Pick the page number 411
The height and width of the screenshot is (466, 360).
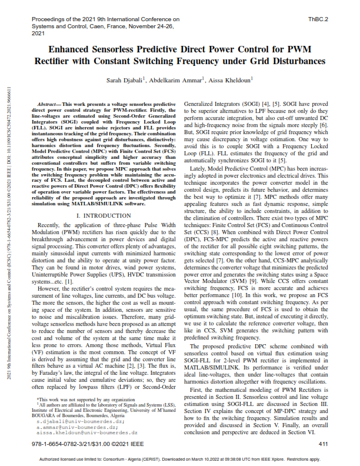click(x=322, y=443)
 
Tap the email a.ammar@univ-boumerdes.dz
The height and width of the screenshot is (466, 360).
click(x=70, y=427)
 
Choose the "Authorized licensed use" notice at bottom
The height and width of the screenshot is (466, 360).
click(x=179, y=459)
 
